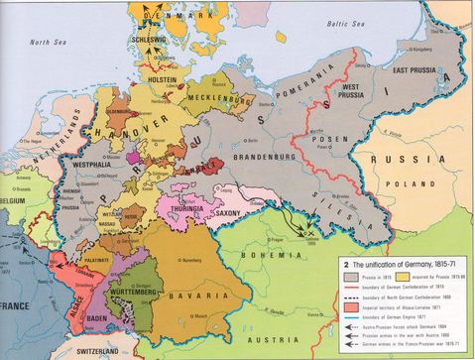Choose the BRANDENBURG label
pos(261,155)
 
